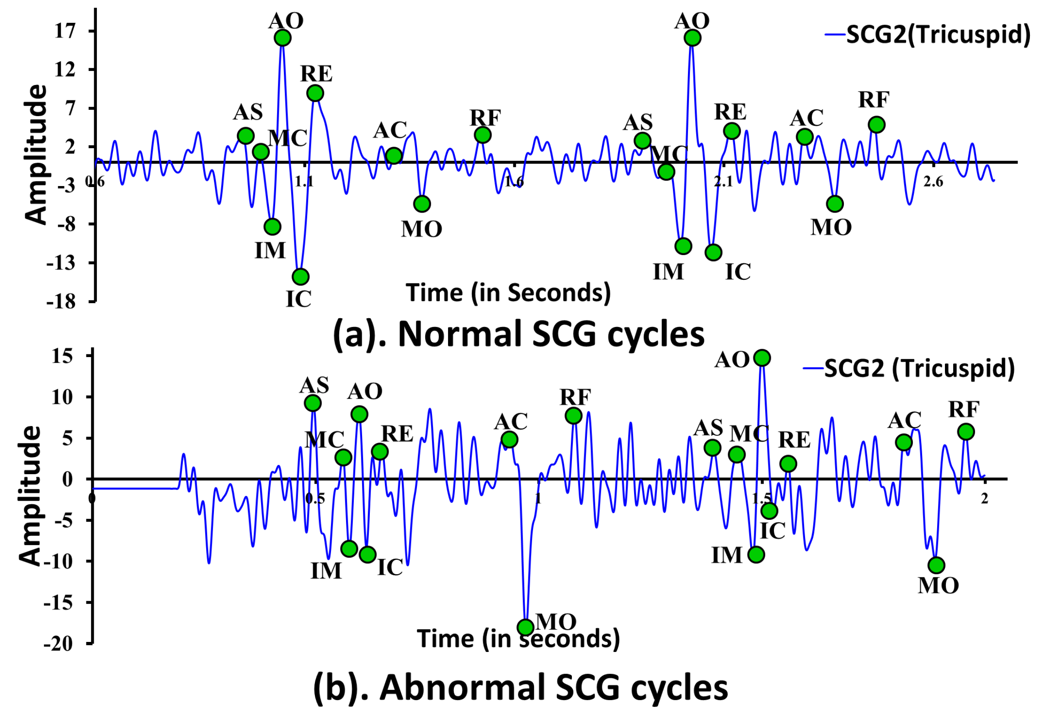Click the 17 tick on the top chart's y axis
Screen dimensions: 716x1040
coord(65,31)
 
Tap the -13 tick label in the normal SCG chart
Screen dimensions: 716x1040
coord(61,263)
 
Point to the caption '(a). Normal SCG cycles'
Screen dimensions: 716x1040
coord(518,334)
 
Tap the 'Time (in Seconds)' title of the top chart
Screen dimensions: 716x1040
coord(508,293)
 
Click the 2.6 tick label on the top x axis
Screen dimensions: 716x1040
coord(933,182)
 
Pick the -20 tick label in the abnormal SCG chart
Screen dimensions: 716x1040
coord(59,644)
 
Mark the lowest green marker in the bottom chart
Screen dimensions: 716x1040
coord(526,627)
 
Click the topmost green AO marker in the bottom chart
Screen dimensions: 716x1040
coord(762,358)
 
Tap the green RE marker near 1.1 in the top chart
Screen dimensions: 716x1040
coord(315,93)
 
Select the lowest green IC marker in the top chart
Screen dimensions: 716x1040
coord(300,277)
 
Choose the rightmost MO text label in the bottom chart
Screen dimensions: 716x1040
coord(938,586)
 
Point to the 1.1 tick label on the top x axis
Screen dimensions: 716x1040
coord(304,182)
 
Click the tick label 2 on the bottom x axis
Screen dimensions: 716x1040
coord(984,499)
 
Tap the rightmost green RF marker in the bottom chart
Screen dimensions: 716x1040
coord(966,432)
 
